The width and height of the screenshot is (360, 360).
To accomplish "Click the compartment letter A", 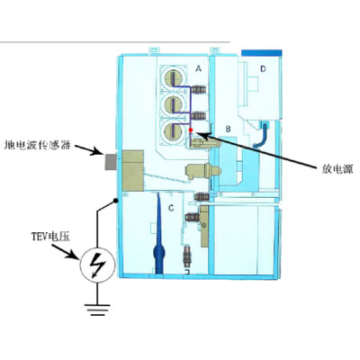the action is coord(198,68).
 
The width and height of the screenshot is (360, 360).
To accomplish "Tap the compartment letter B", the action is coord(229,129).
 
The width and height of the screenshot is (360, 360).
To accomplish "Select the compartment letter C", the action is coord(171,208).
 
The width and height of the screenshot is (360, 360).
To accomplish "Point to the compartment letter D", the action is coord(263,69).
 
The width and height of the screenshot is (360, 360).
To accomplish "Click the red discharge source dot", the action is coord(191,130).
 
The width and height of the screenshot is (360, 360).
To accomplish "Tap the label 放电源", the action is coord(337,169).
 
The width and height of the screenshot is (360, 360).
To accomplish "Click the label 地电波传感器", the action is coord(38,146).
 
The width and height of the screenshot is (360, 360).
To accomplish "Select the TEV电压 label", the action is coord(51,237).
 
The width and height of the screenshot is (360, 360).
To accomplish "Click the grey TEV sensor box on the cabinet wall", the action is coord(111,162).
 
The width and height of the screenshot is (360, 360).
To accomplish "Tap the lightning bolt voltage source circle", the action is coord(97,265).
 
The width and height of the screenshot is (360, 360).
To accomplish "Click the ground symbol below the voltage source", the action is coord(97,310).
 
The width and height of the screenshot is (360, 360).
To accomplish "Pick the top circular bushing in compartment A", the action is coord(174,78).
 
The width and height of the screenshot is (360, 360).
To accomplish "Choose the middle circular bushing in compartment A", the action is coord(174,104).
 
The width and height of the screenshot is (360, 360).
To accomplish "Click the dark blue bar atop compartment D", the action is coord(262,53).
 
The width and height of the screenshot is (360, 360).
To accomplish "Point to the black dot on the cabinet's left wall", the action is coord(115,200).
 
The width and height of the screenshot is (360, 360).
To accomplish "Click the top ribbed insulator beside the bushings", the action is coord(199,90).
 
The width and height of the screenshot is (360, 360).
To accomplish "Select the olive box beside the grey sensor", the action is coord(133,170).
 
